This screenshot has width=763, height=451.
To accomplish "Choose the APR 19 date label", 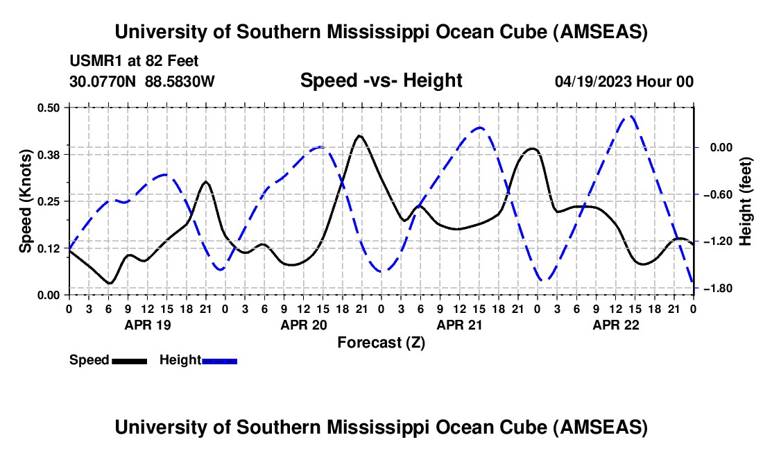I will (x=148, y=324).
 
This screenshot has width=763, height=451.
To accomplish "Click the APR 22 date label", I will (x=616, y=324).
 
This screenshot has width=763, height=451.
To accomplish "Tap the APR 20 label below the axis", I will (x=304, y=324).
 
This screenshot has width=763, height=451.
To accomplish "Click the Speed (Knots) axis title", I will (x=26, y=201).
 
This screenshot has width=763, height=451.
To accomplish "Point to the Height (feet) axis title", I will (x=746, y=201).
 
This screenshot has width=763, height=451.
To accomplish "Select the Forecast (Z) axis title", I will (x=381, y=342).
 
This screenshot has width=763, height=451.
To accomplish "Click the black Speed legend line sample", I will (x=129, y=360).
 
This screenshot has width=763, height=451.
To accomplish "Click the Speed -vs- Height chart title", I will (x=381, y=80).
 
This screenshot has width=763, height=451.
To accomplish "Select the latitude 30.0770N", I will (x=103, y=81).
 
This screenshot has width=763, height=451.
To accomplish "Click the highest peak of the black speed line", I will (x=359, y=136).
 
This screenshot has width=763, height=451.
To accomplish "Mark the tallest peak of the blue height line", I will (x=631, y=117).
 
